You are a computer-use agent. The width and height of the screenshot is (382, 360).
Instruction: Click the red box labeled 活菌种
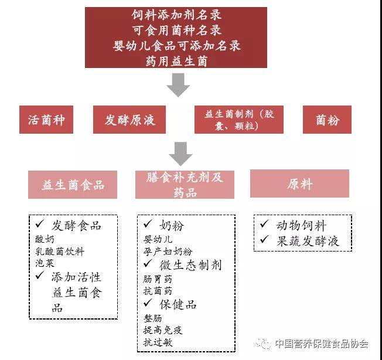click(x=46, y=120)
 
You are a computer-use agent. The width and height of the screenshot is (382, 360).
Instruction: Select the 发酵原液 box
click(x=130, y=120)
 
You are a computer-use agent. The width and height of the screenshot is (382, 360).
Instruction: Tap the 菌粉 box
click(x=327, y=120)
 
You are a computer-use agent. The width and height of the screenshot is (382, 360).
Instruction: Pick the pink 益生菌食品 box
click(x=73, y=184)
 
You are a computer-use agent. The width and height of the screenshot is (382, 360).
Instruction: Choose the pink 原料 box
click(x=299, y=184)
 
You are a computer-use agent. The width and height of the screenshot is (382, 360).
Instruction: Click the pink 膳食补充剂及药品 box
click(x=185, y=184)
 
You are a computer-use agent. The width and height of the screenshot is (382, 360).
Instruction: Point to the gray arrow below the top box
click(x=178, y=86)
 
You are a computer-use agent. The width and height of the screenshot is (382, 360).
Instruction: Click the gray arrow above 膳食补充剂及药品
click(x=180, y=154)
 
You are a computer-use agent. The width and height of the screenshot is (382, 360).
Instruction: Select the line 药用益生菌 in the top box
click(x=176, y=60)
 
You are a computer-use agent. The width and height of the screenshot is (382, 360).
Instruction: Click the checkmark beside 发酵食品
click(x=40, y=225)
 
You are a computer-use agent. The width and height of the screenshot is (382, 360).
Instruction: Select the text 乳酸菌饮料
click(x=60, y=252)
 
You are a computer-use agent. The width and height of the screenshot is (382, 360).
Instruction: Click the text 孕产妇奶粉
click(x=168, y=252)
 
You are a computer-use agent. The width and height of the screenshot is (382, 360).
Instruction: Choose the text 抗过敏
click(x=158, y=343)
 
